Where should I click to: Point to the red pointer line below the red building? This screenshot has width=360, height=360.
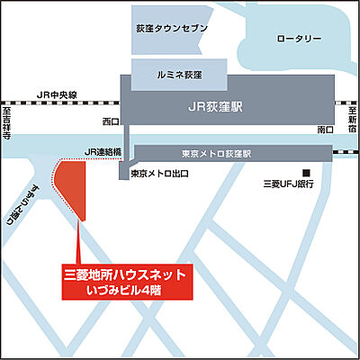[x=80, y=243]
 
